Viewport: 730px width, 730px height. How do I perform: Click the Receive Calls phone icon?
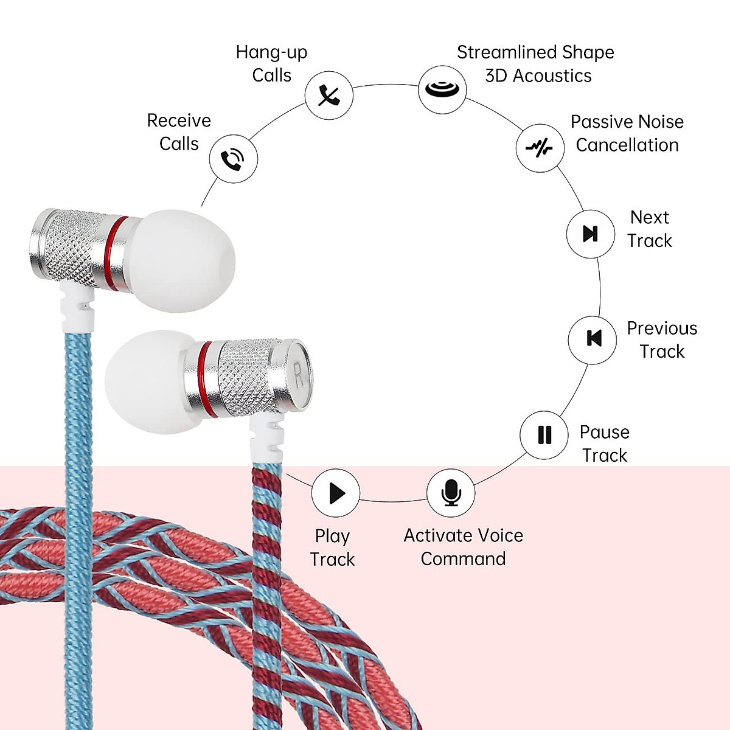(x=233, y=159)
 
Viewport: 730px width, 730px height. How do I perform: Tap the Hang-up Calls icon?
(x=329, y=96)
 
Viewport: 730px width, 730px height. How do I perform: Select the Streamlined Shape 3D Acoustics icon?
(x=442, y=89)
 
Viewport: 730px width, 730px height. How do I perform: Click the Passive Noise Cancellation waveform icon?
(x=540, y=148)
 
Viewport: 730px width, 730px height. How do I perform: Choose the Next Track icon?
(x=591, y=234)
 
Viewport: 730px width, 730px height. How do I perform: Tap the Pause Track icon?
(x=544, y=434)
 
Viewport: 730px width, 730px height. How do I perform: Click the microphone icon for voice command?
(x=451, y=492)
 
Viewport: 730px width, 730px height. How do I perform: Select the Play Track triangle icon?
(x=336, y=493)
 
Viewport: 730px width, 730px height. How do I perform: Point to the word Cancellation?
(x=627, y=145)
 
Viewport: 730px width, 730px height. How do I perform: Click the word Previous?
(x=662, y=328)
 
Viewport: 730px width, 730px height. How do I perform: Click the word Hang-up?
(x=271, y=53)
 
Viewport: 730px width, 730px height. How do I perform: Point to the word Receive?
(x=179, y=120)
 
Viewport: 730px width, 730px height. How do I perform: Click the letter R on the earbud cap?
(x=298, y=374)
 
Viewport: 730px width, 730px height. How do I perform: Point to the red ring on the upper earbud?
(x=117, y=251)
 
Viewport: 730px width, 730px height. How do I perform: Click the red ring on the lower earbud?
(x=207, y=378)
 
